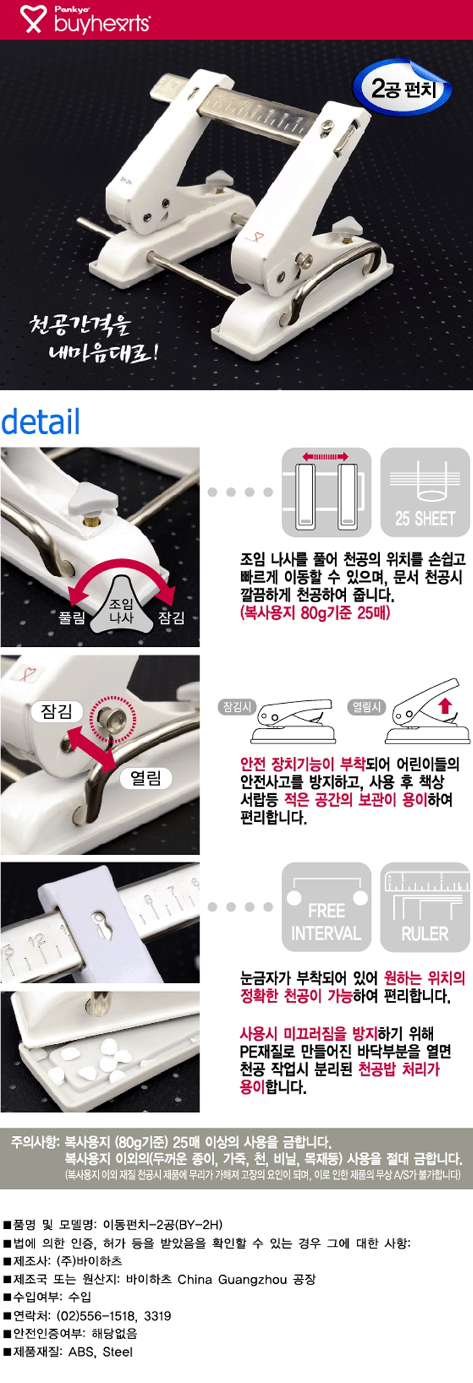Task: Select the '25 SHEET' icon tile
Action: click(x=425, y=492)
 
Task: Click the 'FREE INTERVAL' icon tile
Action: click(x=326, y=906)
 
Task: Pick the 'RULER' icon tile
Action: click(x=425, y=906)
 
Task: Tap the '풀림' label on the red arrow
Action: click(x=72, y=617)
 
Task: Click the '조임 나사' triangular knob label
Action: click(x=122, y=610)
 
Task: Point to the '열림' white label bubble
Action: click(x=146, y=779)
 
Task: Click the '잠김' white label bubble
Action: click(x=57, y=711)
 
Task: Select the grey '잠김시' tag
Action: click(x=237, y=707)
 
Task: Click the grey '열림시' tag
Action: click(x=366, y=707)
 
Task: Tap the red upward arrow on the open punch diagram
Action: click(x=445, y=706)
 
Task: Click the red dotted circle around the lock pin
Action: click(x=113, y=716)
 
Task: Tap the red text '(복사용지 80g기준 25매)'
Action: click(x=316, y=613)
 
